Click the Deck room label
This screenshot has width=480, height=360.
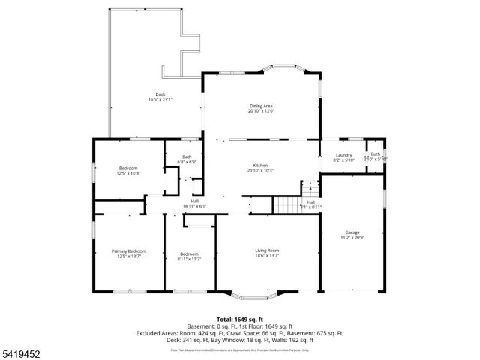[x=160, y=94]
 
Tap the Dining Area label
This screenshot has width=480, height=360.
[x=262, y=106]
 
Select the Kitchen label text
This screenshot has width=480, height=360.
[x=260, y=165]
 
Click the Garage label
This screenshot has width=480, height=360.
[x=352, y=232]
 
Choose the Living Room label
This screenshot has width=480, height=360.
[x=267, y=250]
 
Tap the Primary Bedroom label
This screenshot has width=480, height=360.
[x=129, y=250]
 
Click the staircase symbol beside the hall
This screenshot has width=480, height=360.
[x=286, y=204]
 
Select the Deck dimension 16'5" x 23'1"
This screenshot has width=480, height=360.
[x=160, y=100]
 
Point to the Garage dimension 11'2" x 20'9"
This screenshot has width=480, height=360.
[x=352, y=238]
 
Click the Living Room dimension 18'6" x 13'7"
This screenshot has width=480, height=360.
[x=267, y=256]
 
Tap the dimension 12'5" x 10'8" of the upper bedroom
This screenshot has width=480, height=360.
[x=128, y=173]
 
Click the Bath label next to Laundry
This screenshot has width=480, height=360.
[x=376, y=154]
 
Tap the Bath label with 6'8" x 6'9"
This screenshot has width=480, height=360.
[x=187, y=157]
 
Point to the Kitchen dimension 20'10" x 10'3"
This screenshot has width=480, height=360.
[x=260, y=170]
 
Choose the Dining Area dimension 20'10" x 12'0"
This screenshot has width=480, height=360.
[x=262, y=111]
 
